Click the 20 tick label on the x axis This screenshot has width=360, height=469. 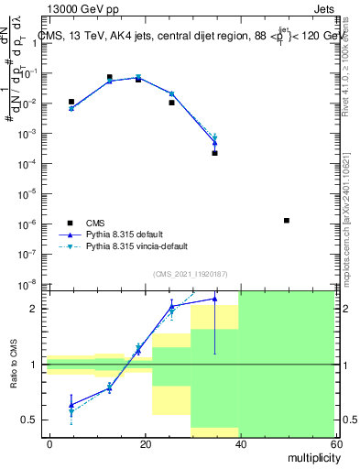click(145, 443)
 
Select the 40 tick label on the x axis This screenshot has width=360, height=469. click(239, 443)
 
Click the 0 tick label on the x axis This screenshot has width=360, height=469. click(49, 443)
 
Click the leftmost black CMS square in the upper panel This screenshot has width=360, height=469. click(71, 102)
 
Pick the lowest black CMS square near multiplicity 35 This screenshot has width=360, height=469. click(214, 153)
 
